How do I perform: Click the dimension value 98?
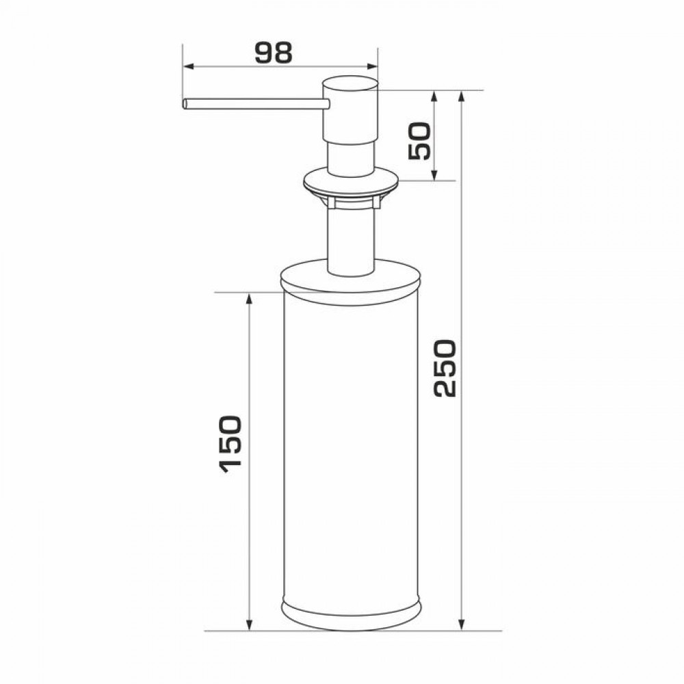click(x=273, y=53)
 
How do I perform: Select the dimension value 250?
click(x=445, y=369)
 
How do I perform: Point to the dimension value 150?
click(x=230, y=445)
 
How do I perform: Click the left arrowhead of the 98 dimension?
click(x=188, y=66)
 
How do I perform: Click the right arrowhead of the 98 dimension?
click(x=372, y=66)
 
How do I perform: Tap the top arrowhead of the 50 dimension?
click(x=434, y=96)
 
